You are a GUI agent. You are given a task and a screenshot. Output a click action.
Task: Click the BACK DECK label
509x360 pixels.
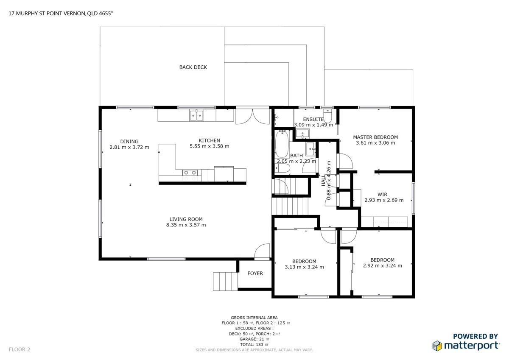(193, 67)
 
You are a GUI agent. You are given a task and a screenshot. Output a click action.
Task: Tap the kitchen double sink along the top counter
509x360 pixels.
(196, 115)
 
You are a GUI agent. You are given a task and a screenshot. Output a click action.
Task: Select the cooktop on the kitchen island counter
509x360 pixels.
(190, 173)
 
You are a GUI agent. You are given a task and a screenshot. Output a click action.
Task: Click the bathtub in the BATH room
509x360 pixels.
(282, 145)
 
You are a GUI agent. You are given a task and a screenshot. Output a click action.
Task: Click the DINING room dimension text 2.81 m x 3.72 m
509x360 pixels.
(129, 148)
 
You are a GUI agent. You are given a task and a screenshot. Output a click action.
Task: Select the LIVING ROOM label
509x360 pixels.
(186, 219)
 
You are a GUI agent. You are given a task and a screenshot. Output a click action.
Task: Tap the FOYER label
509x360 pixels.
(255, 273)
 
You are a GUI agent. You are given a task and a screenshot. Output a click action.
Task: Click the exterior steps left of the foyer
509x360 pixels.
(224, 281)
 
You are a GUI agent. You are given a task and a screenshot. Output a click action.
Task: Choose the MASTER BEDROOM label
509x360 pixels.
(375, 137)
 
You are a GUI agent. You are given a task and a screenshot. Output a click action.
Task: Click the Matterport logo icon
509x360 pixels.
(437, 346)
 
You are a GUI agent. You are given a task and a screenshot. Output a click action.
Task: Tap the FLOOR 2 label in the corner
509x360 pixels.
(20, 350)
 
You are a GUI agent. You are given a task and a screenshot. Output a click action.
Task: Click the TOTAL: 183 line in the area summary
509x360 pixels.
(254, 345)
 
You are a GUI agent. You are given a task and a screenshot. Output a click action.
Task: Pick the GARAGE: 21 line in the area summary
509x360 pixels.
(254, 339)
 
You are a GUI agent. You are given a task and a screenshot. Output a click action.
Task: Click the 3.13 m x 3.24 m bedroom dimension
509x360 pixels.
(304, 267)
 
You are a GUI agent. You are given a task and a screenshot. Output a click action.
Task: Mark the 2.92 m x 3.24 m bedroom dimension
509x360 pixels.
(382, 266)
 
